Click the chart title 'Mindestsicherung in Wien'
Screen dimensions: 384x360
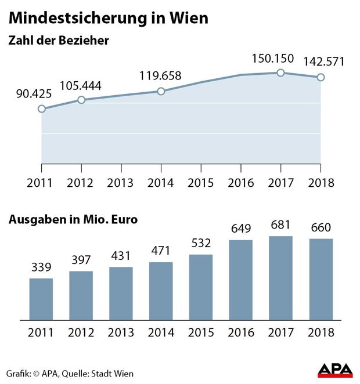pyautogui.click(x=108, y=18)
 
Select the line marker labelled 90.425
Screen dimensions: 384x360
pyautogui.click(x=41, y=108)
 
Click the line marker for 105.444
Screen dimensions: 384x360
pyautogui.click(x=81, y=100)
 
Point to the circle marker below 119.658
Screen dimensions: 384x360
pyautogui.click(x=161, y=91)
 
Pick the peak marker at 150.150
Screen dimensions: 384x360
pyautogui.click(x=280, y=73)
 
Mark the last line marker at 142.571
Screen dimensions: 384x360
pyautogui.click(x=321, y=77)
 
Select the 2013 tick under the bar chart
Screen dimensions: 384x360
pyautogui.click(x=121, y=333)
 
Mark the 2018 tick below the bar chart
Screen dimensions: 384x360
pyautogui.click(x=321, y=333)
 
